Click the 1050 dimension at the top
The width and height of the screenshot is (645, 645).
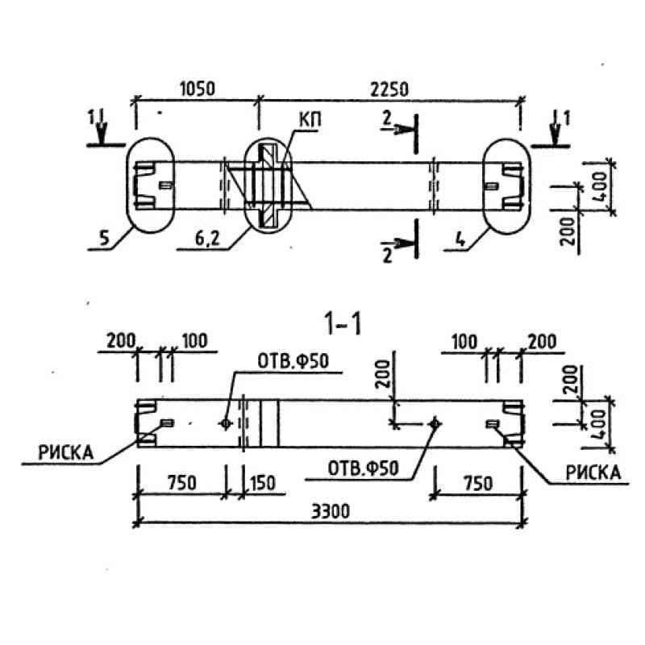[196, 89]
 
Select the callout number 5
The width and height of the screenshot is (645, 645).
[101, 239]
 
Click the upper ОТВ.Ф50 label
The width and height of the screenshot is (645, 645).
[293, 361]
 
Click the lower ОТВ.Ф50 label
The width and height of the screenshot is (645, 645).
[363, 468]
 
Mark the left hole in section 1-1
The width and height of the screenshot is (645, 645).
[226, 422]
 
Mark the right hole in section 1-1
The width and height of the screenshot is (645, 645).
[435, 422]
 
